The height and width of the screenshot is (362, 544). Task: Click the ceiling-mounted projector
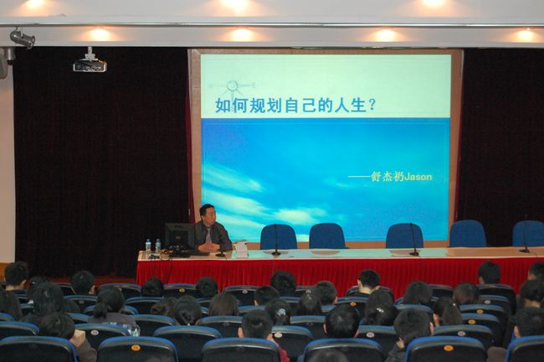click(90, 62)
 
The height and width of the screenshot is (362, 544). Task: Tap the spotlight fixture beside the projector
click(23, 39)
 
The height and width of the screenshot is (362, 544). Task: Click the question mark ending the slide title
click(372, 105)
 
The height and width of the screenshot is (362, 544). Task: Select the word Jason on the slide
click(418, 177)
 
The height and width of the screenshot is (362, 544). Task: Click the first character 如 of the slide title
click(223, 105)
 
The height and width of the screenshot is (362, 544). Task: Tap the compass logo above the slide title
click(233, 86)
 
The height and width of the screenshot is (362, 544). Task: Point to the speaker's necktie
click(208, 235)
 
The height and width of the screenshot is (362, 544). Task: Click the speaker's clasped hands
click(208, 247)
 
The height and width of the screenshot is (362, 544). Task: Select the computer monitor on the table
click(179, 237)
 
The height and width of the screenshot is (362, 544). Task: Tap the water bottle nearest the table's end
click(148, 247)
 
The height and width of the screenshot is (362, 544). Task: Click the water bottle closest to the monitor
click(158, 247)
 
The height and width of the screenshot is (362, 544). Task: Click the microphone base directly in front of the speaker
click(220, 256)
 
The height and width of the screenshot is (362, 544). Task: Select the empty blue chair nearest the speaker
click(279, 237)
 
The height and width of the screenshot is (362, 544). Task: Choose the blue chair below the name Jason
click(404, 236)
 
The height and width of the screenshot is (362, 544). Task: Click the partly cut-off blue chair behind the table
click(528, 234)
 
